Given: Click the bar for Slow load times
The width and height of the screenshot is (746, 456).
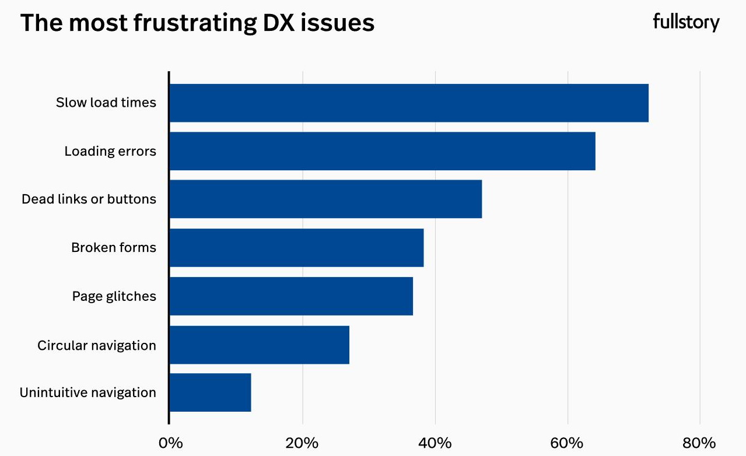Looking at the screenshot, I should pos(408,103).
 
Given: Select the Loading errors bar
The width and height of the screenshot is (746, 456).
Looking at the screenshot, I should pos(382,151).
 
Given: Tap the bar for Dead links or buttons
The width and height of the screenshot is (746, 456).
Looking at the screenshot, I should pos(325,199).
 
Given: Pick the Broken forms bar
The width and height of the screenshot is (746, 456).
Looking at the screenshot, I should pos(296,247).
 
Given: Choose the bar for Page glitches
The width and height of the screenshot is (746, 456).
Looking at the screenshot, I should pos(291,296).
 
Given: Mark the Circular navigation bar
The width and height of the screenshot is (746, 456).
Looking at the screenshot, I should pos(259,345).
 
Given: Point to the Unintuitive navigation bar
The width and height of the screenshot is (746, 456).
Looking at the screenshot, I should pos(210,392).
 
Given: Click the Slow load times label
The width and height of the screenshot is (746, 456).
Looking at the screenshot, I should pos(106,103).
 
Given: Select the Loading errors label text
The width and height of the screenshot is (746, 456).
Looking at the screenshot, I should pos(110,151).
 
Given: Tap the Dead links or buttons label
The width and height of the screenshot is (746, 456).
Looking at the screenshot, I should pos(89,199).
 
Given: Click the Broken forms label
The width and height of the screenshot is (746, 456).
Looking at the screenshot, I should pos(114,247).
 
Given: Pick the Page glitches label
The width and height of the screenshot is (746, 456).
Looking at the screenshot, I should pos(114,296).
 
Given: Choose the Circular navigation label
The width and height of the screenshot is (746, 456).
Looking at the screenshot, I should pos(97,345).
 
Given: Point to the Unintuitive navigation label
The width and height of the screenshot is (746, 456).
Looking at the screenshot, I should pos(88,392).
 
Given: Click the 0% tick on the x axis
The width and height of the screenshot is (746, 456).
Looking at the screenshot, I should pos(170,443).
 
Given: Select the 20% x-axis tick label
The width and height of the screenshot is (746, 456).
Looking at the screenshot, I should pos(302,443).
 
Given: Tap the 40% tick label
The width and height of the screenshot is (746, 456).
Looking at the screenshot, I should pos(435,443).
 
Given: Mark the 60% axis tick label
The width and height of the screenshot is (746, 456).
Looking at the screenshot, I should pos(568,443).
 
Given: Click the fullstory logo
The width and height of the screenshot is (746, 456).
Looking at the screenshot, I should pos(686,23).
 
